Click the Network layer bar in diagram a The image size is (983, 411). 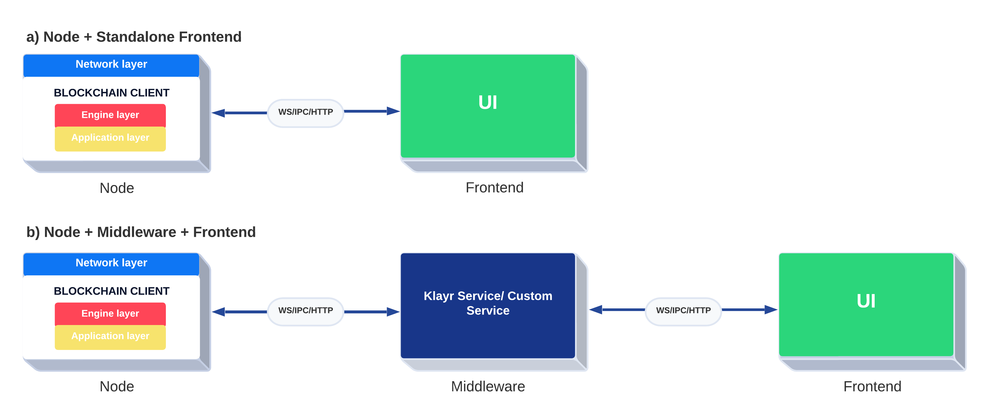pyautogui.click(x=111, y=65)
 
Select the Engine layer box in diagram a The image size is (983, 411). pyautogui.click(x=110, y=115)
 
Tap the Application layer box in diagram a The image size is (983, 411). pyautogui.click(x=110, y=138)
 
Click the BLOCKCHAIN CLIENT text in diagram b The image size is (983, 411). pyautogui.click(x=112, y=291)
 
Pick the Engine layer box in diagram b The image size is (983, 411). pyautogui.click(x=110, y=314)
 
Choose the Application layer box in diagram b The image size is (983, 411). pyautogui.click(x=110, y=336)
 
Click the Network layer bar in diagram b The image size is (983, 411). pyautogui.click(x=111, y=263)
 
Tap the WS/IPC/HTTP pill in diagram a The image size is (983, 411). pyautogui.click(x=305, y=112)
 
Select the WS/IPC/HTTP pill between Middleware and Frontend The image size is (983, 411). pyautogui.click(x=683, y=310)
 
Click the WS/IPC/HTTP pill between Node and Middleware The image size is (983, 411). pyautogui.click(x=305, y=310)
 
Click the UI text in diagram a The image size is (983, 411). pyautogui.click(x=488, y=102)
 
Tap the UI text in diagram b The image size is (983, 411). pyautogui.click(x=866, y=301)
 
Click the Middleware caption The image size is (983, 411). pyautogui.click(x=488, y=386)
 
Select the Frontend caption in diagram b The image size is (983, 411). pyautogui.click(x=872, y=386)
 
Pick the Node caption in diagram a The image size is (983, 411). pyautogui.click(x=117, y=188)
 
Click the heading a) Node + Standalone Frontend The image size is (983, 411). pyautogui.click(x=133, y=37)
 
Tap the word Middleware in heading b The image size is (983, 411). pyautogui.click(x=136, y=232)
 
